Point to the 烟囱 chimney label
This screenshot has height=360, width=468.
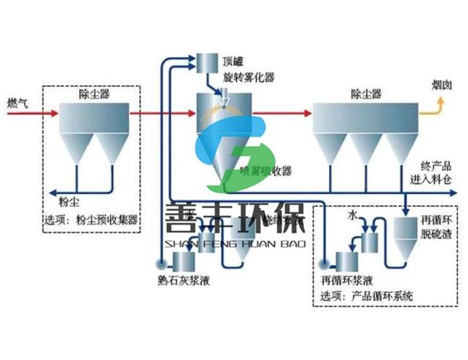[442, 84]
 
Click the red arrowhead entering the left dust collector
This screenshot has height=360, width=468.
[53, 112]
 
